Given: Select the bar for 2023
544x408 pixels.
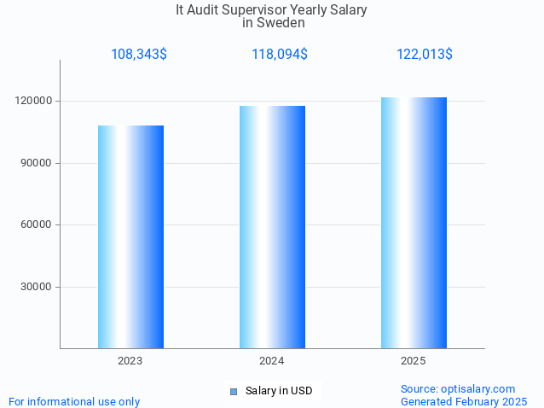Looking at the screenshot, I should click(130, 236).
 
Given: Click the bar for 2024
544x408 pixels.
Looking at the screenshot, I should click(272, 227).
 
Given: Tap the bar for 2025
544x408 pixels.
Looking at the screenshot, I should click(414, 223).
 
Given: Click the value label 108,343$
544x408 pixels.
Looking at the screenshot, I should click(138, 55).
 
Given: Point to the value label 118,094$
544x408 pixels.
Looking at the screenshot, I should click(279, 55).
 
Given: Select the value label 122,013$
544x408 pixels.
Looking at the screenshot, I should click(424, 55).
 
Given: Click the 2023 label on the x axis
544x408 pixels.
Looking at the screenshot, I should click(130, 361).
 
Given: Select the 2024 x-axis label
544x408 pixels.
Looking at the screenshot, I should click(272, 361).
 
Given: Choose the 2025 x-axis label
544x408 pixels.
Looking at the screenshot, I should click(414, 361).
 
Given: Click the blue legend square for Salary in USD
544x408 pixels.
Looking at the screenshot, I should click(233, 392).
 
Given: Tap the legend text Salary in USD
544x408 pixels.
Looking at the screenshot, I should click(279, 391).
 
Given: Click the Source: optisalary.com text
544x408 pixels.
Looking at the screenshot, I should click(458, 388).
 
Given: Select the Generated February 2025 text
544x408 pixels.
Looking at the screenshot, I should click(464, 401).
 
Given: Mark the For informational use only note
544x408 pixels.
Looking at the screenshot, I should click(74, 401).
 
